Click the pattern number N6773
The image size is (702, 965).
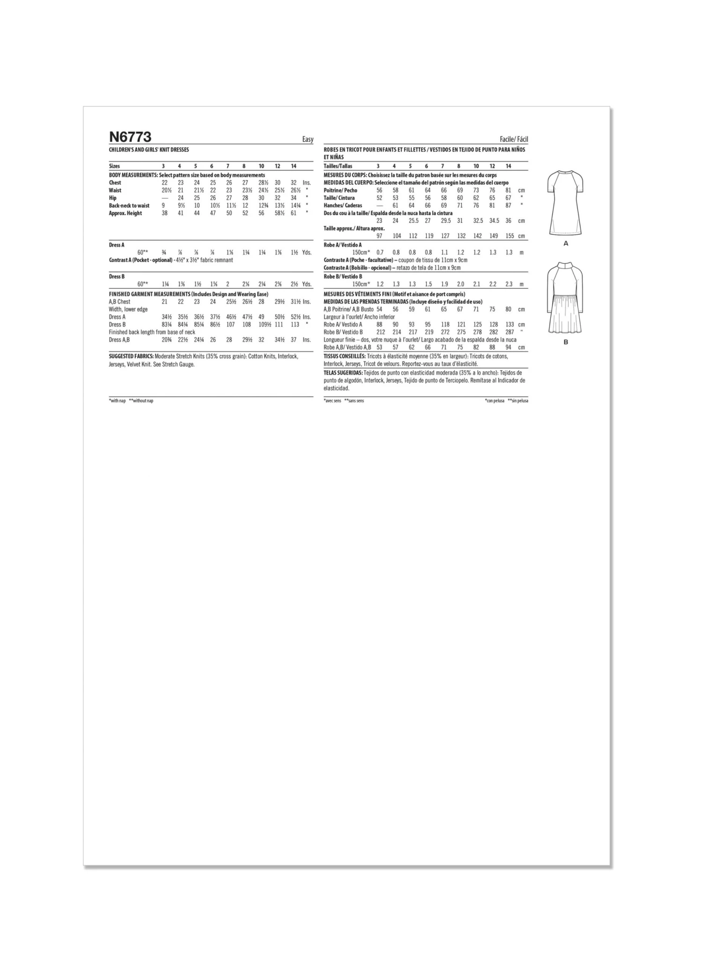(130, 137)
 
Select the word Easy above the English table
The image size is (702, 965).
(307, 139)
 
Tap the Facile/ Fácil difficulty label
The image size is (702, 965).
(514, 139)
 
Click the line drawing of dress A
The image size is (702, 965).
(565, 203)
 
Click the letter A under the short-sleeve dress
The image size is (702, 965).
(565, 243)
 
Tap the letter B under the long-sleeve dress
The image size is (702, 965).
(566, 342)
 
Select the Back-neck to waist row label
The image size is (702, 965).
(129, 205)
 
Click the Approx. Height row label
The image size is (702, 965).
(125, 213)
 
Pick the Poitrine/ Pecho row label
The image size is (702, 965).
(340, 190)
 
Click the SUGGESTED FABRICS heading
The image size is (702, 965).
(131, 356)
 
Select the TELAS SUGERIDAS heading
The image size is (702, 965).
(343, 373)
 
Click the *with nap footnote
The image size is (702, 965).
(117, 401)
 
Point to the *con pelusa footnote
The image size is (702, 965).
(495, 401)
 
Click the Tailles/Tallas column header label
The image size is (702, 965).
(338, 166)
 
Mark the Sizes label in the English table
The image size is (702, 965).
(114, 166)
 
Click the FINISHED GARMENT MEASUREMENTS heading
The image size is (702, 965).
(149, 294)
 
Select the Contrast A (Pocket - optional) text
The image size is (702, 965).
(140, 260)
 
